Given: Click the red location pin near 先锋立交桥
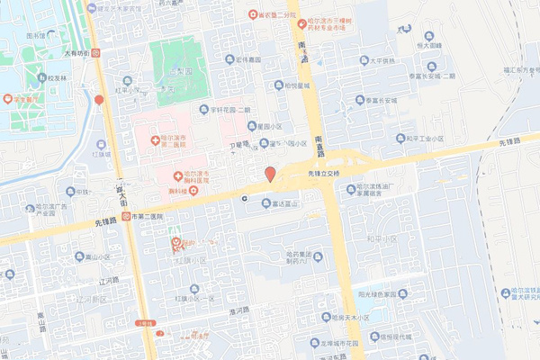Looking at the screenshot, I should click(x=269, y=174).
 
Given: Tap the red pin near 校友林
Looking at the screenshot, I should click(x=99, y=100).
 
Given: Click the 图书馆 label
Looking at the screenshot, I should click(x=35, y=36).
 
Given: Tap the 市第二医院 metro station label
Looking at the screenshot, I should click(x=144, y=217).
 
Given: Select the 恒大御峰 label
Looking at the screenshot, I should click(x=428, y=43).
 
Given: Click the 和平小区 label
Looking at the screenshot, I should click(x=382, y=238).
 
